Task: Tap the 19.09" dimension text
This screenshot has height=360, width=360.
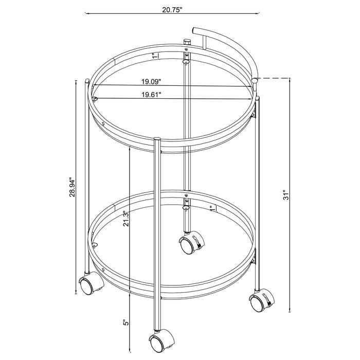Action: [151, 81]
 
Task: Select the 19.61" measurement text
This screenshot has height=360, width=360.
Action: [151, 94]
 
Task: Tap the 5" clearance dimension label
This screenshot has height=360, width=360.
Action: [125, 326]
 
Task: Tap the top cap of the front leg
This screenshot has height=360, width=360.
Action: [157, 138]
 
